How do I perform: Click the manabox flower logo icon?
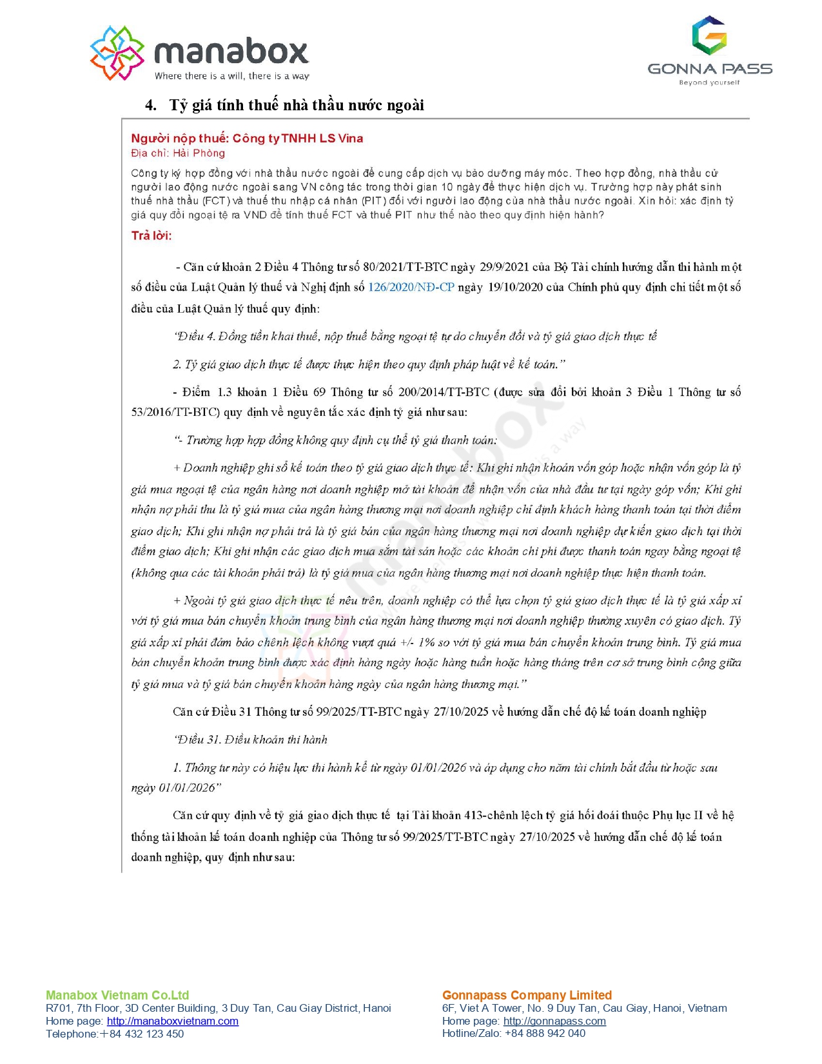tap(117, 53)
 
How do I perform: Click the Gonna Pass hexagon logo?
tap(709, 35)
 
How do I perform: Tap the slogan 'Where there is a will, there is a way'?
tap(231, 76)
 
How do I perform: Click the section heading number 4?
tap(150, 105)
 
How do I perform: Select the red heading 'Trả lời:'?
tap(152, 235)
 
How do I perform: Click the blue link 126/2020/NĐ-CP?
tap(411, 287)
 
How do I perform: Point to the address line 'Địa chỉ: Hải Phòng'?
tap(178, 153)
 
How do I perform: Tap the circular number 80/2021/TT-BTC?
tap(405, 267)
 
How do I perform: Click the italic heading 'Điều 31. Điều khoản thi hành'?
tap(250, 740)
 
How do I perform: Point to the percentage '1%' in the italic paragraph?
tap(426, 642)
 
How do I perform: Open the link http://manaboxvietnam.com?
tap(172, 1021)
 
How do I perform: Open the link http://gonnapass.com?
tap(554, 1021)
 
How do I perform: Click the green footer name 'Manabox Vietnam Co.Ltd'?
tap(117, 995)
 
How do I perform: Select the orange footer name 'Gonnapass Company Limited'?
tap(527, 995)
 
